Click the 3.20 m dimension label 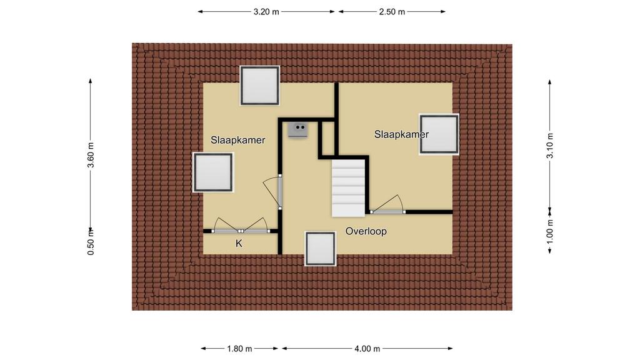click(x=266, y=12)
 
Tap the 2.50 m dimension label click(x=392, y=12)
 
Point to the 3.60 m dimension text click(x=91, y=155)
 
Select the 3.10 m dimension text click(x=550, y=146)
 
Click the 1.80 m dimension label click(x=239, y=349)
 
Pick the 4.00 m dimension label click(x=367, y=349)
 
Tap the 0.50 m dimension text click(x=91, y=242)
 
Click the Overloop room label click(x=366, y=231)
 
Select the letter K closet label click(x=239, y=244)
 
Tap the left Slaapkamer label click(x=237, y=140)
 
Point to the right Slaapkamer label click(x=401, y=134)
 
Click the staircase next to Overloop click(x=348, y=187)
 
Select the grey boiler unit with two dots click(x=298, y=130)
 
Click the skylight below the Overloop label click(x=321, y=249)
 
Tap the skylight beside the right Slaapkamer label click(x=439, y=134)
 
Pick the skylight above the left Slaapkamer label click(x=259, y=85)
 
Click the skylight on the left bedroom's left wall click(x=213, y=172)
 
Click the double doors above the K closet click(x=241, y=226)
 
